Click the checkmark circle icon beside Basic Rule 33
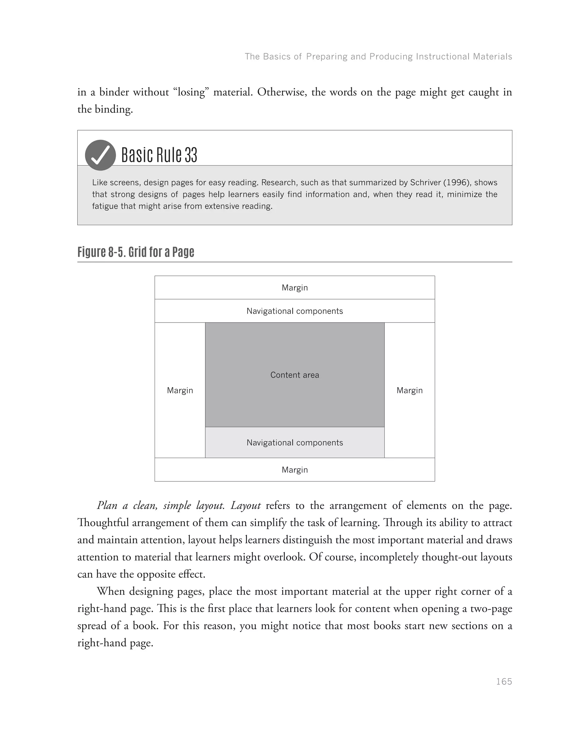click(x=100, y=155)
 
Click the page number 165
click(x=504, y=681)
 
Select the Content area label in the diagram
click(x=295, y=375)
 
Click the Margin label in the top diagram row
click(x=295, y=288)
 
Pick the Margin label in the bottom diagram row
click(x=295, y=470)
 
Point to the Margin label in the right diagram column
click(x=409, y=390)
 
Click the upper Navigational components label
click(x=295, y=311)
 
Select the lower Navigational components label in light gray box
click(x=295, y=443)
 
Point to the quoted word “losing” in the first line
click(x=191, y=92)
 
